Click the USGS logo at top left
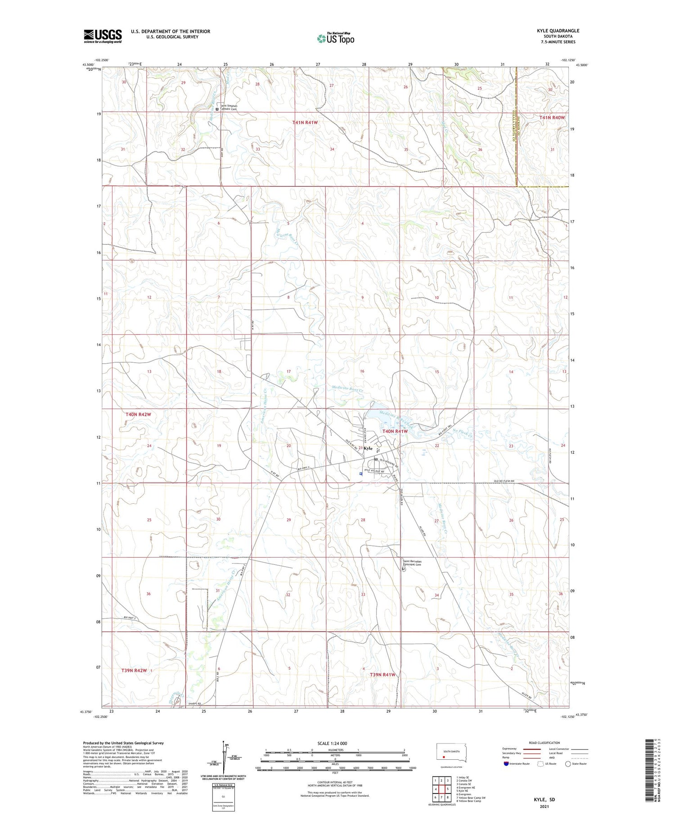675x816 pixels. click(103, 36)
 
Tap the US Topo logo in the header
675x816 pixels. click(335, 38)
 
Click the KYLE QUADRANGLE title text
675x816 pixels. click(558, 31)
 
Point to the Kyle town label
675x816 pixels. click(368, 448)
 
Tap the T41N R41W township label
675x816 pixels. click(308, 122)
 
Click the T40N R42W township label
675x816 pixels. click(138, 414)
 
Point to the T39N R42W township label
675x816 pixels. click(134, 671)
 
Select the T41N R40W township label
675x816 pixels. click(552, 117)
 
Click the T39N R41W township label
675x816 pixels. click(382, 675)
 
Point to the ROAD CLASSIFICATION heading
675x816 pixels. click(544, 743)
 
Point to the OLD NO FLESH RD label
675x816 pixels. click(501, 481)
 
